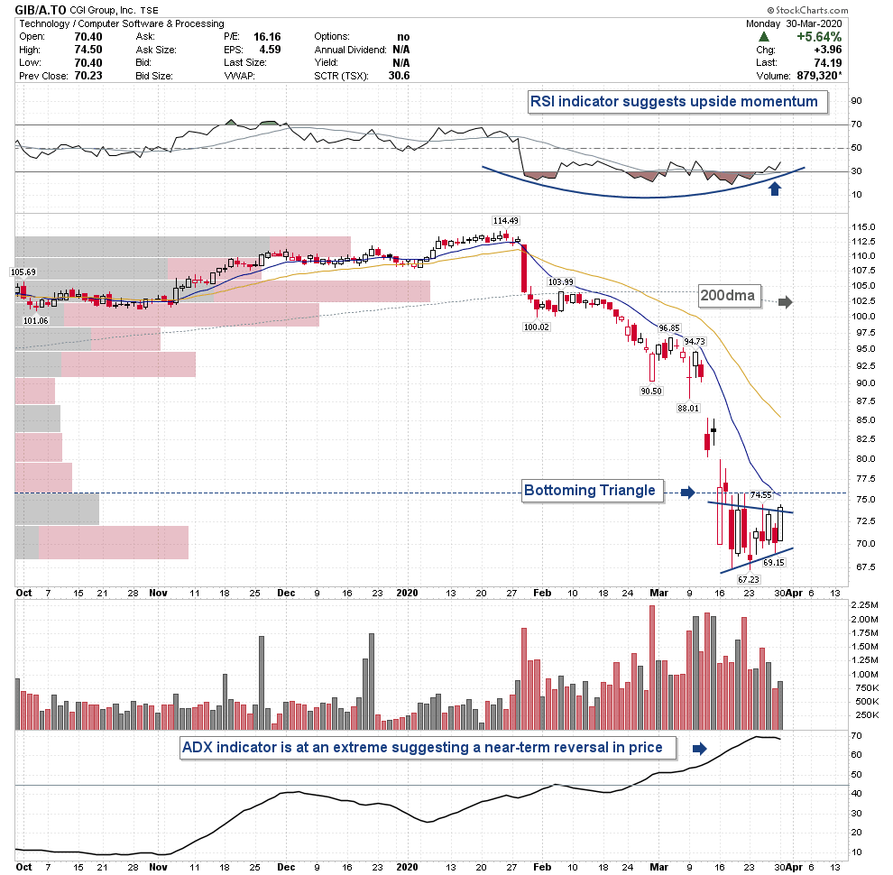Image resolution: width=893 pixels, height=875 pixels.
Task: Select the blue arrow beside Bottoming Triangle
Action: (687, 492)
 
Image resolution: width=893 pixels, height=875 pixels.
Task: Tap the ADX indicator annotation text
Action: (423, 747)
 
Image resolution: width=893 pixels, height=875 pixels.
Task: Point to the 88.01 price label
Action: (688, 408)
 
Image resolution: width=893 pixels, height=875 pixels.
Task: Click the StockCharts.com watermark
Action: (848, 9)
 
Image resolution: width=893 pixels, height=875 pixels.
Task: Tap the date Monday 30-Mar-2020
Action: (816, 23)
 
